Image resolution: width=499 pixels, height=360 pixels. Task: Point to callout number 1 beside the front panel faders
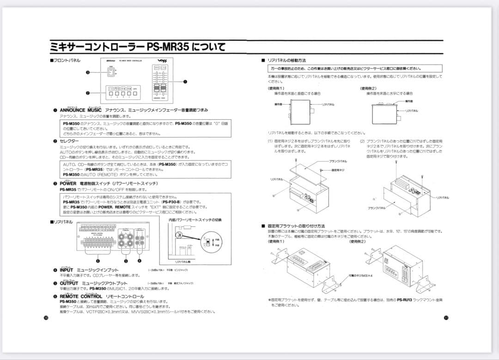click(185, 81)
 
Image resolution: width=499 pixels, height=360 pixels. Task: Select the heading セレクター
click(69, 140)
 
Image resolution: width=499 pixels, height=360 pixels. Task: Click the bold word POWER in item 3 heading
click(68, 183)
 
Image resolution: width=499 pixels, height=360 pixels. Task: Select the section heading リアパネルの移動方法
click(286, 61)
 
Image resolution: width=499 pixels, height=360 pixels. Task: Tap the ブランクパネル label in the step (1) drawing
click(338, 161)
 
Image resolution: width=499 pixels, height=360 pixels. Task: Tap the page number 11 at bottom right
click(445, 317)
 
